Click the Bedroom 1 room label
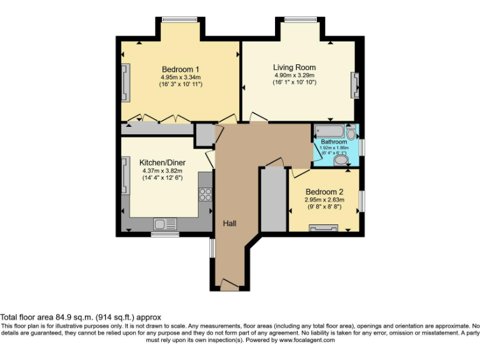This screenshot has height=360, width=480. [x=181, y=69]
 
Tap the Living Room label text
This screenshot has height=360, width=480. [x=294, y=67]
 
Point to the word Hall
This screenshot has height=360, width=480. [x=229, y=223]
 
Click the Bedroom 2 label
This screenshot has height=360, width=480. [x=324, y=191]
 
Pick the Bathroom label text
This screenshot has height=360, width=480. [x=334, y=142]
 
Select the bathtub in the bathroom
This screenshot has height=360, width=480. [x=331, y=131]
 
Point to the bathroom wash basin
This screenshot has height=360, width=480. [x=351, y=134]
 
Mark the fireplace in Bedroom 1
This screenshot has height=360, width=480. [x=126, y=82]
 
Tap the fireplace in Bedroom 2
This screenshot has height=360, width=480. [x=323, y=227]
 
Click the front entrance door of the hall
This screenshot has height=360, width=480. [x=229, y=286]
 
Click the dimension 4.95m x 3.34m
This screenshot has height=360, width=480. [x=181, y=77]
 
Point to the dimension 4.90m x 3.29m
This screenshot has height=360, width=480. [x=294, y=75]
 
